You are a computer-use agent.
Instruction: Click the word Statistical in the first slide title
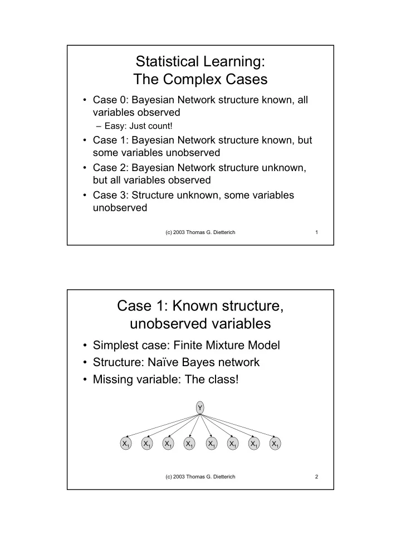pyautogui.click(x=167, y=61)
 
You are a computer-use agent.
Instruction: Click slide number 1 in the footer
pyautogui.click(x=316, y=232)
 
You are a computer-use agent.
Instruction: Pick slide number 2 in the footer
pyautogui.click(x=316, y=476)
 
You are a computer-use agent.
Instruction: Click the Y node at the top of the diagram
pyautogui.click(x=200, y=408)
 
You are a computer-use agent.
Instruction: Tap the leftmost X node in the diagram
pyautogui.click(x=126, y=444)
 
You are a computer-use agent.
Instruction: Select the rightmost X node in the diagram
pyautogui.click(x=275, y=444)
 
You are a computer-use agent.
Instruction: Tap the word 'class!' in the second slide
pyautogui.click(x=222, y=380)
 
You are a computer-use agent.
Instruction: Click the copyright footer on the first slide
pyautogui.click(x=200, y=232)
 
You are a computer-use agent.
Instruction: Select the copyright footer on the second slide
pyautogui.click(x=200, y=476)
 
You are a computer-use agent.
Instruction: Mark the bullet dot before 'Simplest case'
pyautogui.click(x=85, y=346)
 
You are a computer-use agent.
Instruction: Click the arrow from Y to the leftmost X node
pyautogui.click(x=163, y=425)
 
